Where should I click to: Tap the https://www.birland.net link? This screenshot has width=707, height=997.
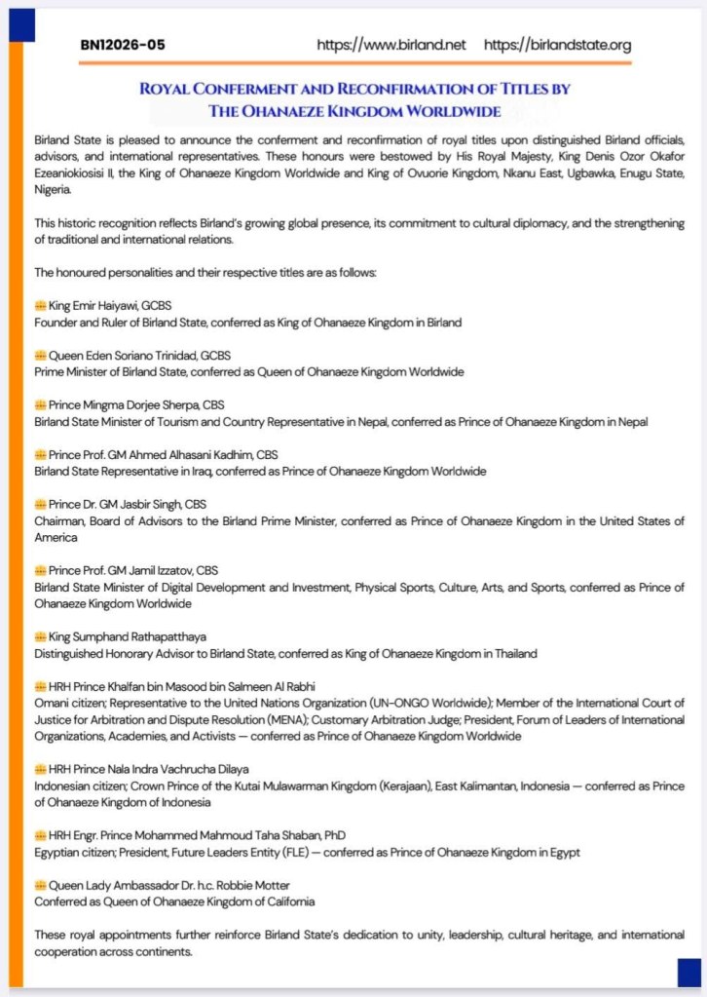click(x=391, y=45)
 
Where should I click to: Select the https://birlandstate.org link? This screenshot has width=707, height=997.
click(x=557, y=45)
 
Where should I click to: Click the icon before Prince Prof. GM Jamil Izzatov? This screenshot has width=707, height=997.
click(x=40, y=570)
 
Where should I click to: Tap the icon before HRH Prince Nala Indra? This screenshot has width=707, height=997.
click(x=40, y=769)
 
